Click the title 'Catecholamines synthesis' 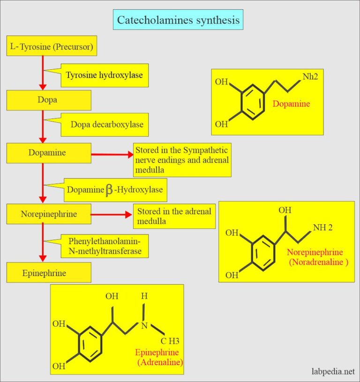pos(178,20)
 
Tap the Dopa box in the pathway pos(48,100)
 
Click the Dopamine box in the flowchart pos(48,153)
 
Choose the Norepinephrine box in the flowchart pos(48,214)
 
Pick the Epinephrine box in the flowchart pos(48,273)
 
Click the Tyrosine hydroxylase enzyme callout pos(104,75)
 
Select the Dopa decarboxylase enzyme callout pos(107,125)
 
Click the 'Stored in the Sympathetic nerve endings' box pos(182,160)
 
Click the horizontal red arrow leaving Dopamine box pos(112,154)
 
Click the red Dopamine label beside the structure pos(291,104)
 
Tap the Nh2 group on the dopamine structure pos(310,76)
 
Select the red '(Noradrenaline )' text pos(319,263)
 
